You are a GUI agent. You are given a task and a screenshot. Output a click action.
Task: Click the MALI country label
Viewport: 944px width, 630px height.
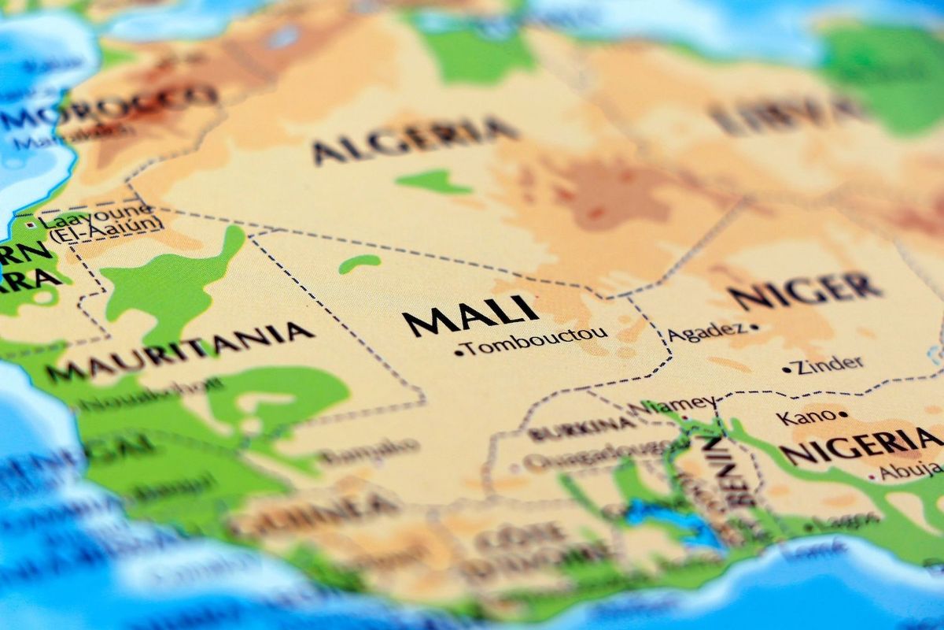point(470,314)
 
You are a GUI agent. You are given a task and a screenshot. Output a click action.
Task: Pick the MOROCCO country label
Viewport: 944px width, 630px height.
point(110,106)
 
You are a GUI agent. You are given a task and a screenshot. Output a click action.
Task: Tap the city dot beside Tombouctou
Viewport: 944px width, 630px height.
point(459,353)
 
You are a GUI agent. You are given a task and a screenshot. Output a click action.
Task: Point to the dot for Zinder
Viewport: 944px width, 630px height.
point(786,369)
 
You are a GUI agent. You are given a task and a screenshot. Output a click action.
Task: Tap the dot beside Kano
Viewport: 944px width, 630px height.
point(843,414)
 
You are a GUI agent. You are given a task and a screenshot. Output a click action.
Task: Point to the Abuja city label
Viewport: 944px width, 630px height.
point(910,471)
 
